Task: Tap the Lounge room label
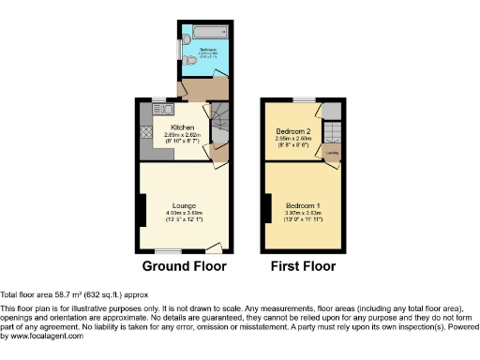pyautogui.click(x=183, y=205)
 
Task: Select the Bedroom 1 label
pyautogui.click(x=303, y=205)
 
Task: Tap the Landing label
pyautogui.click(x=331, y=150)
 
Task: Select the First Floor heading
pyautogui.click(x=303, y=266)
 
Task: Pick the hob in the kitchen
pyautogui.click(x=145, y=133)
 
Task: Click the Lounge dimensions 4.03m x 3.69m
pyautogui.click(x=183, y=213)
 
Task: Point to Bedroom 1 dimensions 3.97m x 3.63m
pyautogui.click(x=303, y=213)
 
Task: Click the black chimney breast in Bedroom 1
pyautogui.click(x=267, y=206)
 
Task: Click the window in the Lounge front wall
pyautogui.click(x=169, y=251)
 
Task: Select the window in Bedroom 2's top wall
pyautogui.click(x=303, y=99)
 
